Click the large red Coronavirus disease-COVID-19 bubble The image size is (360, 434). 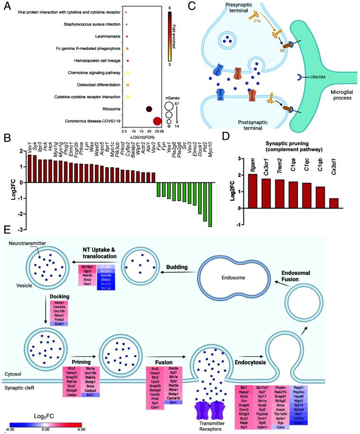point(157,122)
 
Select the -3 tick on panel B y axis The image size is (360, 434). point(19,230)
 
